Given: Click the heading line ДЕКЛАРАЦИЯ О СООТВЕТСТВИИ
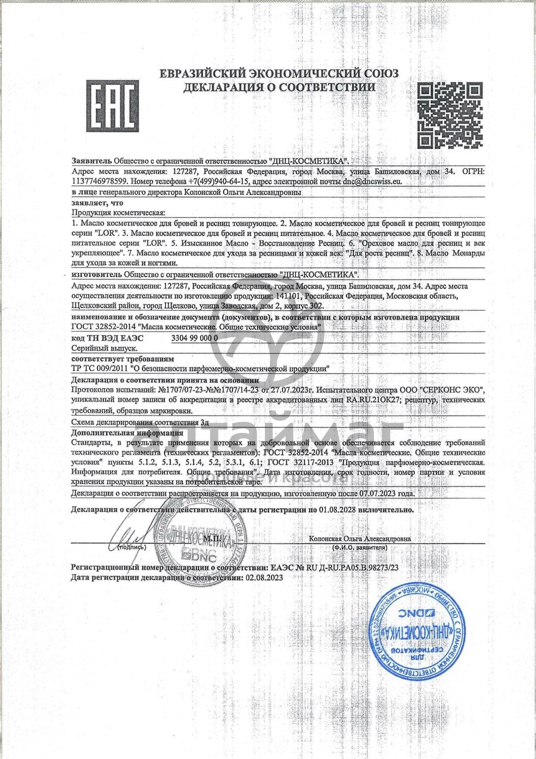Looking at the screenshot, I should point(279,87).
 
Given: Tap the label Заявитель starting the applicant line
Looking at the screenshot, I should point(91,161).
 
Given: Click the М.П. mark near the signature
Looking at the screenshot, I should point(211,538).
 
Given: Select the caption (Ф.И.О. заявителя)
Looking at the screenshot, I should point(360,547).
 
